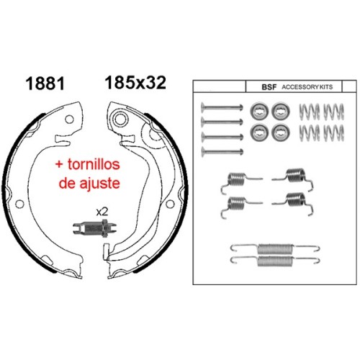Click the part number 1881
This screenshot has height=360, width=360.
click(x=45, y=84)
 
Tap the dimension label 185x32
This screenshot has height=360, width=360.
click(x=135, y=83)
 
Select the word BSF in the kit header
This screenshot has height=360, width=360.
click(x=269, y=87)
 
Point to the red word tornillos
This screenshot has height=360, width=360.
click(x=94, y=164)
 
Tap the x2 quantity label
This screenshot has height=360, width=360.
click(x=102, y=212)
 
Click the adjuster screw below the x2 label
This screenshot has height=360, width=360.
click(x=94, y=228)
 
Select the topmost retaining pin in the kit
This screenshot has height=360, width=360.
click(x=222, y=107)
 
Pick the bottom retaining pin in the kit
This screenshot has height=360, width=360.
click(x=222, y=152)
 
